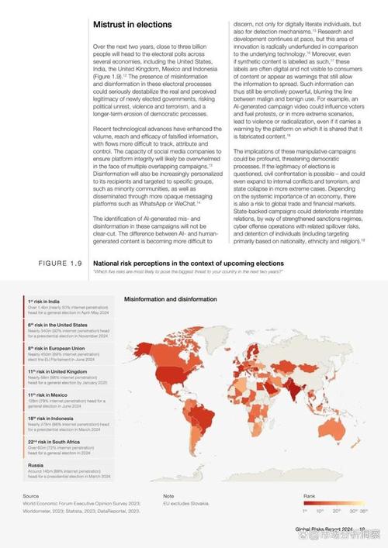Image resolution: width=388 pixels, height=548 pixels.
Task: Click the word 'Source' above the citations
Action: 31,495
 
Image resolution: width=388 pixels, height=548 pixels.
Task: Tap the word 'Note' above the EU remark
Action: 168,495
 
